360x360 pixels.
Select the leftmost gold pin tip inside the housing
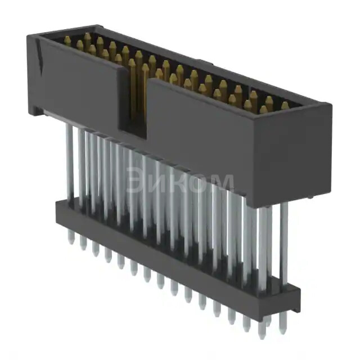click(67, 40)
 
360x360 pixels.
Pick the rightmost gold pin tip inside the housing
click(285, 105)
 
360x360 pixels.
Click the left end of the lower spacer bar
click(58, 210)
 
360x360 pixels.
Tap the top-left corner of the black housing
click(29, 35)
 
